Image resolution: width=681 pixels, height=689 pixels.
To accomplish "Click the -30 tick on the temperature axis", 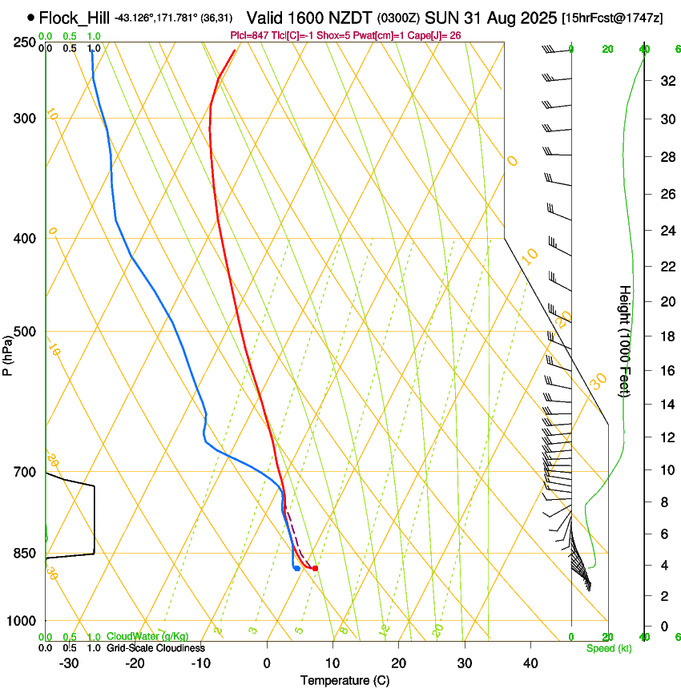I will pos(69,663).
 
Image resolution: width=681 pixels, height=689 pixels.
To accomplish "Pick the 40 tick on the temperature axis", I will pos(530,663).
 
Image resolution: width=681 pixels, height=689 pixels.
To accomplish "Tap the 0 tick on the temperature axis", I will pos(267,663).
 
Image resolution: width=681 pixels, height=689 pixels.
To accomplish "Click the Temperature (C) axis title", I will pos(345,680).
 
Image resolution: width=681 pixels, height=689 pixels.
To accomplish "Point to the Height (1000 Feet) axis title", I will pos(625,341).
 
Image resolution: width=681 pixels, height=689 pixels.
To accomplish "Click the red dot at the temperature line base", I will pos(315,569).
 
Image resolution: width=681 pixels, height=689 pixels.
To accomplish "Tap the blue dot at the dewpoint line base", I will pos(297,569).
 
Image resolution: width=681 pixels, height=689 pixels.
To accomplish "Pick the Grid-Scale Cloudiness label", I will pos(155,648).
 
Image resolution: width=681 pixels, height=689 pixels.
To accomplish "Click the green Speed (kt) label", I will pos(608,648).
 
